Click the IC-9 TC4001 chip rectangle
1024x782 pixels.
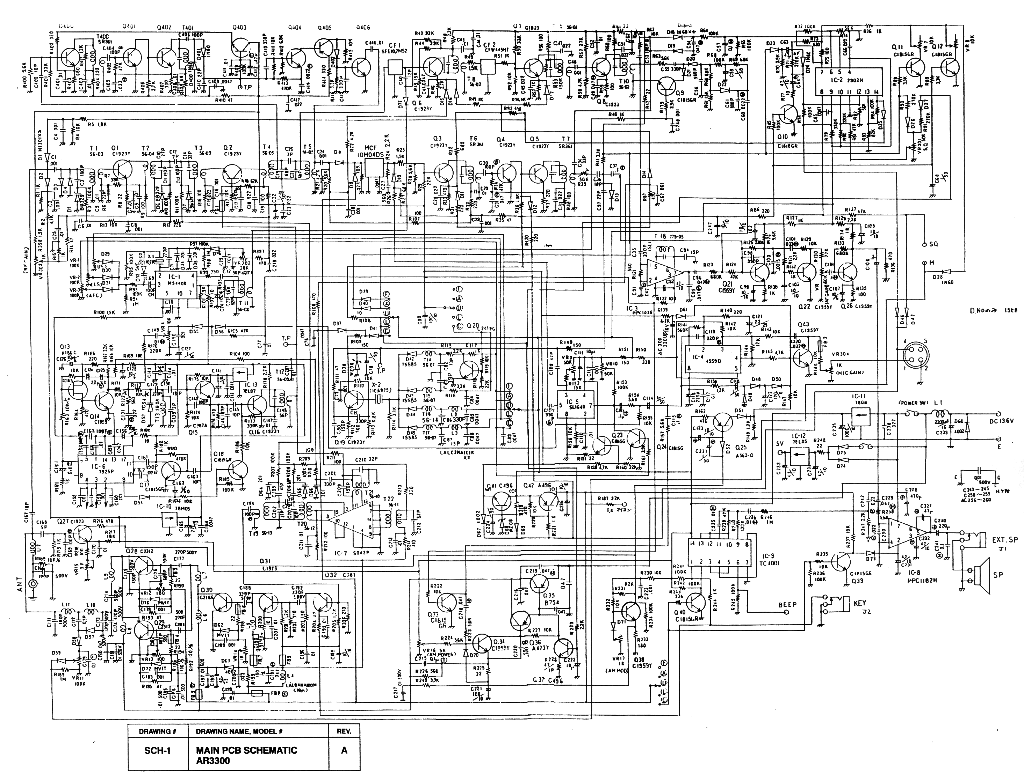point(718,553)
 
